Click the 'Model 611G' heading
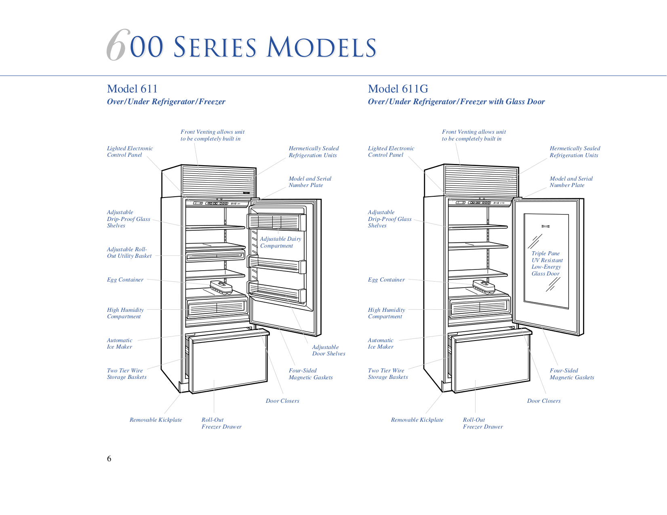point(398,89)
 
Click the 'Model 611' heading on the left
point(132,89)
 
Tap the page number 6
point(109,458)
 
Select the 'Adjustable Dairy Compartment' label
point(280,242)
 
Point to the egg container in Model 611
point(221,288)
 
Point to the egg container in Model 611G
point(484,287)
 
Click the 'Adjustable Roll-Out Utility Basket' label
point(129,252)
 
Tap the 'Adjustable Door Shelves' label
point(328,350)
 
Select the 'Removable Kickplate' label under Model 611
point(156,420)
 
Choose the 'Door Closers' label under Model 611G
point(544,401)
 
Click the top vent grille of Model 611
point(219,181)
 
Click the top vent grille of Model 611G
point(481,181)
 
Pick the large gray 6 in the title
point(117,45)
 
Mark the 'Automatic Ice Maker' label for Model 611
point(120,343)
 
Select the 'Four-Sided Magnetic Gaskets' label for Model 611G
point(572,374)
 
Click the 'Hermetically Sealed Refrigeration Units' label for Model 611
point(314,151)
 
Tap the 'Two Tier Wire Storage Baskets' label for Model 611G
point(388,374)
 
